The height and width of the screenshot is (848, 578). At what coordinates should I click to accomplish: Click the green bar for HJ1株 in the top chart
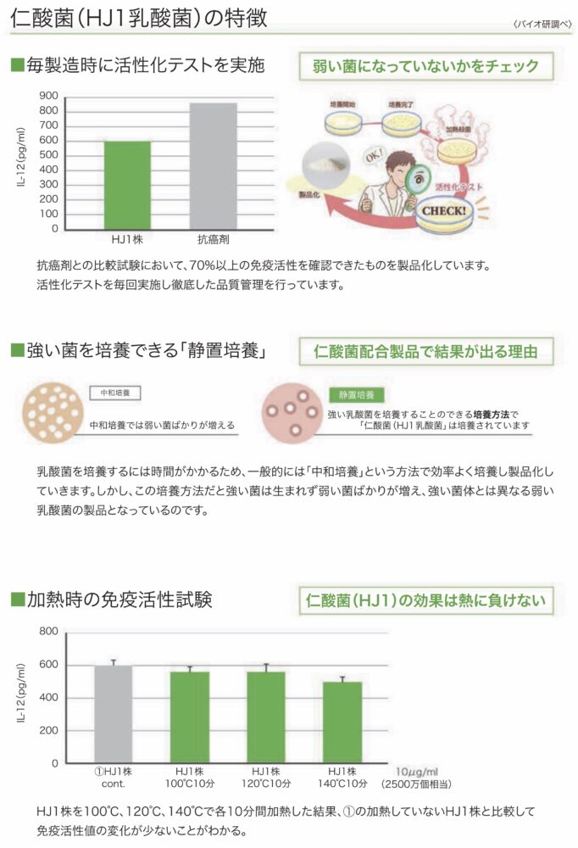pos(127,184)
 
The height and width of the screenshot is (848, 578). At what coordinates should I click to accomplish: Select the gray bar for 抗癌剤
pos(213,165)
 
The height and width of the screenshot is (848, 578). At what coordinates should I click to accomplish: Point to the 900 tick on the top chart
pos(48,96)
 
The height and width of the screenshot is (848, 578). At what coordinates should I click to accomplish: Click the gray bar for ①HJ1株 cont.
pos(113,713)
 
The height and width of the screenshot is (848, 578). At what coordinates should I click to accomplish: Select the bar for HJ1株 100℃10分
pos(190,717)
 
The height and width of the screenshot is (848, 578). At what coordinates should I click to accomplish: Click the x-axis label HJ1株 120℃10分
pos(266,776)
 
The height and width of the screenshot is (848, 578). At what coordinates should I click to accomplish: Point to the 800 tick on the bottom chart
pos(48,632)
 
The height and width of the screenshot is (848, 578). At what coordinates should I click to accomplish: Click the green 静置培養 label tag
pos(355,395)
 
